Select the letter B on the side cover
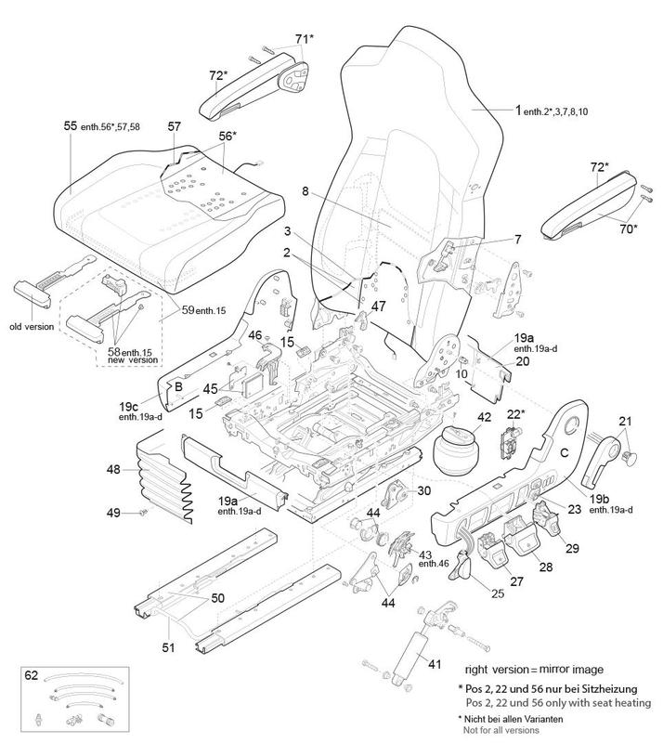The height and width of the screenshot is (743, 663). [x=179, y=386]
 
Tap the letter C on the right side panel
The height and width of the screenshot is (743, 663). [x=563, y=453]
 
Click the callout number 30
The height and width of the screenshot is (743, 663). [x=423, y=491]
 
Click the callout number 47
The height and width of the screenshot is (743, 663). [x=378, y=306]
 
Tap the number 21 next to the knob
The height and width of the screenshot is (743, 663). [x=624, y=421]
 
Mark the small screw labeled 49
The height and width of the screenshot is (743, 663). [x=143, y=512]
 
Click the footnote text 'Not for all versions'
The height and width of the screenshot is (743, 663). [x=509, y=731]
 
